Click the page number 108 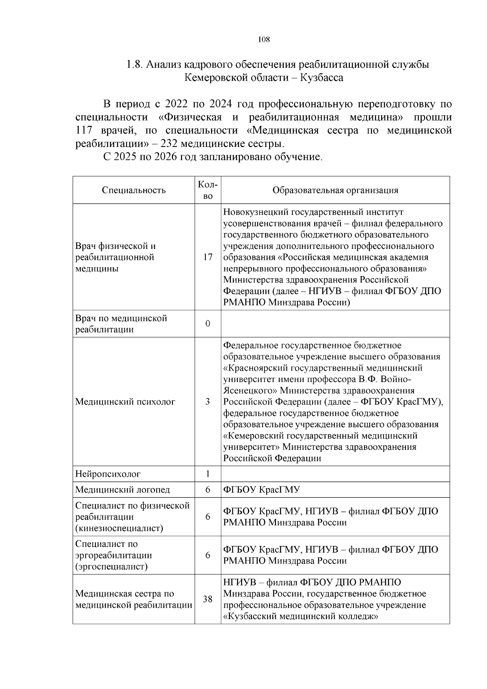point(264,39)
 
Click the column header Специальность point(134,190)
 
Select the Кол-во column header point(208,190)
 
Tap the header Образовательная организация point(335,190)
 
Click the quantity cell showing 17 point(208,257)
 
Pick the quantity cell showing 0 point(208,324)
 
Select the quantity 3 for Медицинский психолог point(208,402)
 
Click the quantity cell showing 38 point(208,599)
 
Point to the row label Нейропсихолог point(108,474)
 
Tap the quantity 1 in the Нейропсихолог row point(208,474)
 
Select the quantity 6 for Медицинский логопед point(208,490)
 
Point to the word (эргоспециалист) point(111,566)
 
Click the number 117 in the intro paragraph point(84,130)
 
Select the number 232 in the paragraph point(169,143)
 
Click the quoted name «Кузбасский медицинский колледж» point(301,616)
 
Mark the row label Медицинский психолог point(125,402)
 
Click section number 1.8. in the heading point(134,64)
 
